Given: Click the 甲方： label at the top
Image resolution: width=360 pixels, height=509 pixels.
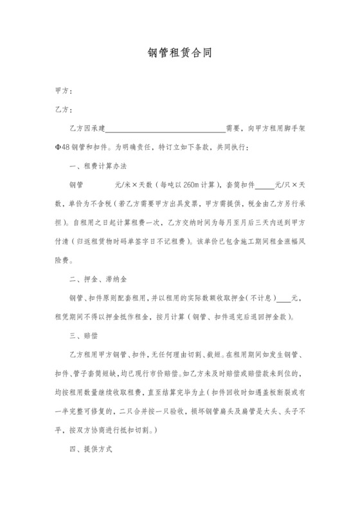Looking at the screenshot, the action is (x=64, y=91).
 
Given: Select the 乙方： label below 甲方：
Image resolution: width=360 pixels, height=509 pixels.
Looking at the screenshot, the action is (x=64, y=110).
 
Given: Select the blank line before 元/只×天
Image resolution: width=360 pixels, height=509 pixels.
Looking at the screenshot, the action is (x=265, y=184).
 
